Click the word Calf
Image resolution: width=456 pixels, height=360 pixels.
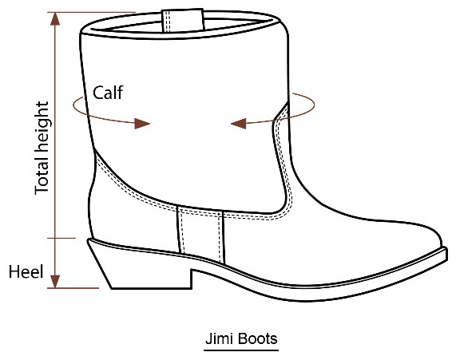pos(108,93)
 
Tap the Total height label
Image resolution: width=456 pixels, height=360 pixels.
pos(42,148)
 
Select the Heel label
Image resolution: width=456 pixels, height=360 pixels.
pos(26,271)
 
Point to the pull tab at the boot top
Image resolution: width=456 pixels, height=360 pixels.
pos(183,21)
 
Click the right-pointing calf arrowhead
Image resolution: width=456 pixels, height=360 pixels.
pos(142,124)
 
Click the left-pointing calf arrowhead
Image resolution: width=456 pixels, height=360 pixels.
pos(239,123)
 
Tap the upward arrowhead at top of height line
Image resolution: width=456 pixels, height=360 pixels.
pos(55,19)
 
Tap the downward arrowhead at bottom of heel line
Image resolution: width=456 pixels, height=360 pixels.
pos(55,281)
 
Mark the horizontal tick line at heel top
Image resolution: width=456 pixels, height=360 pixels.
pos(61,238)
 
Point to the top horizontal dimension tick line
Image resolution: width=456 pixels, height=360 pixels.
pos(92,13)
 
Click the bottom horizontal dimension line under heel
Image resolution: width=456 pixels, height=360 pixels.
pos(73,288)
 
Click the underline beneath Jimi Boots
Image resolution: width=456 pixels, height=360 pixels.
pos(241,350)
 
